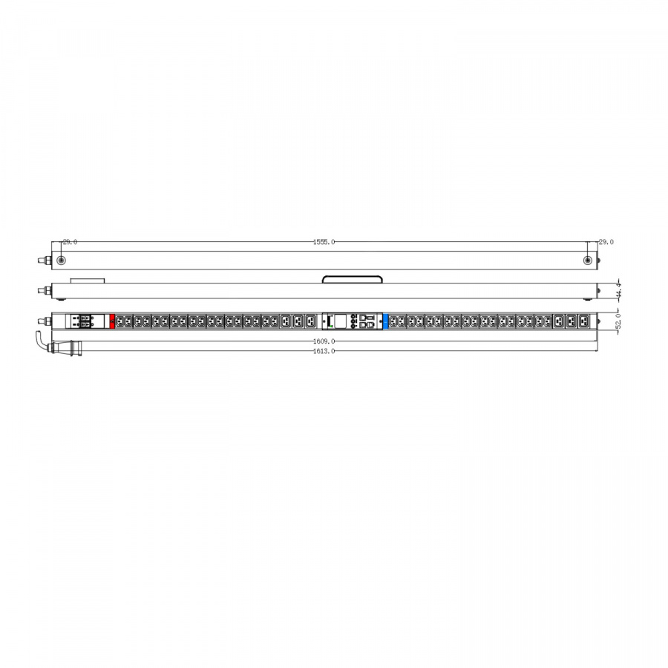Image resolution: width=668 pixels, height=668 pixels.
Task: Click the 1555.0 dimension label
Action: pos(324,242)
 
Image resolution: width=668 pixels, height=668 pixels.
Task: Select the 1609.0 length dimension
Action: pos(324,341)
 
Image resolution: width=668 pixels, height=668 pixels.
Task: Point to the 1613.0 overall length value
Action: pos(324,351)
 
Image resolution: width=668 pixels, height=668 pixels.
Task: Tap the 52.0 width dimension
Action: pos(618,321)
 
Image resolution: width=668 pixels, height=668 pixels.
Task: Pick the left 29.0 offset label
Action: pos(70,242)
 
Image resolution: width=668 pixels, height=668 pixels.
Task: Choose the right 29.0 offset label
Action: pos(606,242)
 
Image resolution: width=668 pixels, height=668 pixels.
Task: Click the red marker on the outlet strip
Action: pos(112,321)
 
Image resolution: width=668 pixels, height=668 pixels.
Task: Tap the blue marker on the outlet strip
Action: pos(385,321)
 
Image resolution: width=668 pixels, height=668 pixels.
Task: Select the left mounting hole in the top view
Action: pos(62,261)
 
